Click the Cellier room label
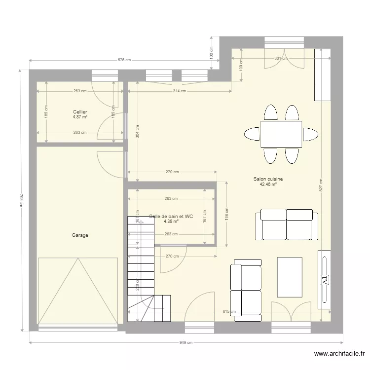tap(80, 112)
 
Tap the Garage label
tap(80, 235)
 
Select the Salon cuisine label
tap(268, 180)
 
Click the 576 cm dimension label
tap(124, 60)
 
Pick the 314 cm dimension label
tap(180, 91)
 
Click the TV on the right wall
tap(325, 279)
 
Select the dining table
tap(281, 134)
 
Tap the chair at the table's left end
tap(252, 134)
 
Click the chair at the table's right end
tap(310, 134)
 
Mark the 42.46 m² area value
tap(268, 185)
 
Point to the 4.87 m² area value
tap(80, 117)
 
